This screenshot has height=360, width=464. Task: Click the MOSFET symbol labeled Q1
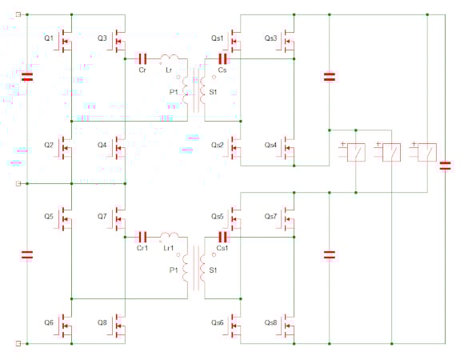pyautogui.click(x=65, y=41)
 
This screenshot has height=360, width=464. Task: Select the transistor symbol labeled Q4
pyautogui.click(x=118, y=148)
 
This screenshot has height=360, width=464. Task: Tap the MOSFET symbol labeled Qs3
pyautogui.click(x=287, y=41)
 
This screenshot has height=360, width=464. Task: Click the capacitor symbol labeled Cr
pyautogui.click(x=142, y=59)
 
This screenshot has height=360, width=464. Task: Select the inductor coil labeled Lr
pyautogui.click(x=170, y=58)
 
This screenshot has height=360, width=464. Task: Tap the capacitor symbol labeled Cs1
pyautogui.click(x=222, y=237)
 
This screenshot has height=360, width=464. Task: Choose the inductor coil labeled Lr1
pyautogui.click(x=170, y=236)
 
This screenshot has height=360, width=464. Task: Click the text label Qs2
pyautogui.click(x=218, y=145)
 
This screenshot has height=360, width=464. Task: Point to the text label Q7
pyautogui.click(x=102, y=216)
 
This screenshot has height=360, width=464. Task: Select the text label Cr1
pyautogui.click(x=142, y=248)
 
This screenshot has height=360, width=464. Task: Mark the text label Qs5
pyautogui.click(x=218, y=216)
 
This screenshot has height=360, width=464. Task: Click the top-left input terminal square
pyautogui.click(x=18, y=14)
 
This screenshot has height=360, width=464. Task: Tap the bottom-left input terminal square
pyautogui.click(x=18, y=343)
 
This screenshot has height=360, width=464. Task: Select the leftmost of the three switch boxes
pyautogui.click(x=356, y=152)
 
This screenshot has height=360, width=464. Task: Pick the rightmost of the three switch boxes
pyautogui.click(x=427, y=152)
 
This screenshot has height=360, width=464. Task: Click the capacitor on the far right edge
pyautogui.click(x=445, y=166)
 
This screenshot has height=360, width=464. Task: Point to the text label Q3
pyautogui.click(x=102, y=38)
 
